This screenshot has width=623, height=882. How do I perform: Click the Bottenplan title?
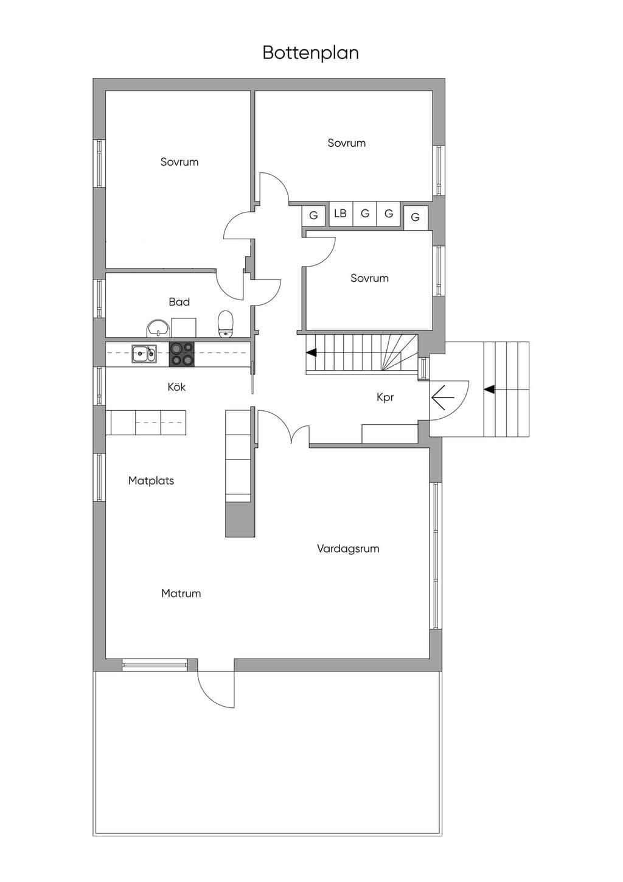310,53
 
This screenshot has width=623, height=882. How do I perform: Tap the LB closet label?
340,214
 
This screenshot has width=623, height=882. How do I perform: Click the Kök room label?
176,387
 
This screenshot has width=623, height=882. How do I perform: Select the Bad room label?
179,302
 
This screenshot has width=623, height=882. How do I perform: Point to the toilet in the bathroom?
225,324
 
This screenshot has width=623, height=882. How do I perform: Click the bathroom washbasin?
158,328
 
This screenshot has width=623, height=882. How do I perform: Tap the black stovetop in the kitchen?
181,354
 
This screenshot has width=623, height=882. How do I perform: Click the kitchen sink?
144,354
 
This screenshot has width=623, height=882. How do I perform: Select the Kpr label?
385,397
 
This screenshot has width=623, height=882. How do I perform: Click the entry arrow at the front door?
443,397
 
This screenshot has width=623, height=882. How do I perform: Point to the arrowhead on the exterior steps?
489,390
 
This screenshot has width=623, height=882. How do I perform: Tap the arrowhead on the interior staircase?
311,352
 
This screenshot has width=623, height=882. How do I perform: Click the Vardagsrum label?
348,548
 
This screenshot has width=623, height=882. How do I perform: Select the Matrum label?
181,593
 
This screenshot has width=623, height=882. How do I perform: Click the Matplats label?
151,480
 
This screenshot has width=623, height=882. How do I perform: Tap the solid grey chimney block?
240,520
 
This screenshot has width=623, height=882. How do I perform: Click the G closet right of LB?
365,214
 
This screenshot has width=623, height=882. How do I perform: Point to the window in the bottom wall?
154,665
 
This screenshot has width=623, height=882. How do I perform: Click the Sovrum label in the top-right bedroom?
347,142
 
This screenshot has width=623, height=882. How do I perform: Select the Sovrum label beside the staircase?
369,278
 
